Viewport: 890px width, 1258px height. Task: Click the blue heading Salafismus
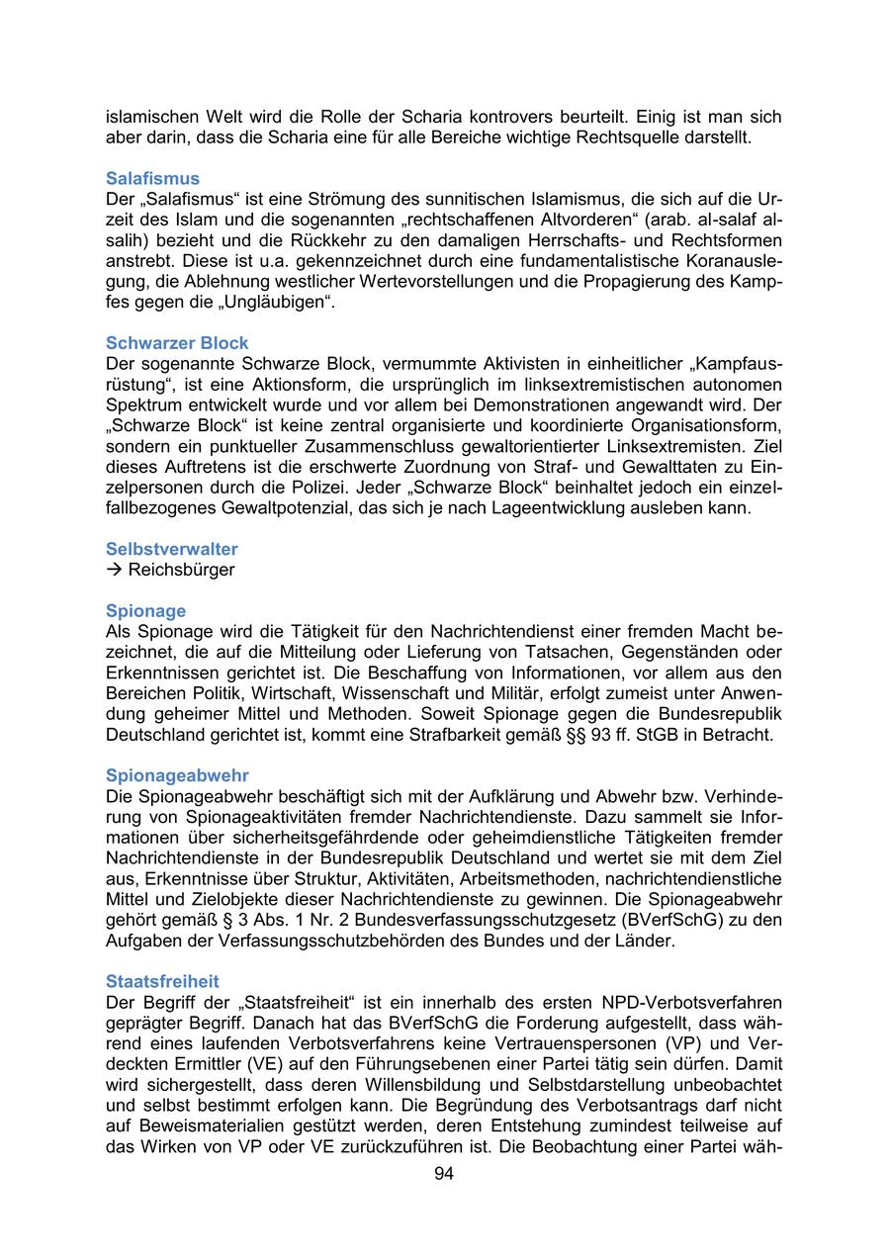(x=152, y=179)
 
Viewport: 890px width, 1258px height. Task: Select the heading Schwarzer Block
(x=177, y=343)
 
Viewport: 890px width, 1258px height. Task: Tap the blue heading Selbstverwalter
(x=171, y=549)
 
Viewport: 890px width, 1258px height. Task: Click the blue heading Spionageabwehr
(x=177, y=776)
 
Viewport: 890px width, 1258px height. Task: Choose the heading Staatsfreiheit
(x=162, y=982)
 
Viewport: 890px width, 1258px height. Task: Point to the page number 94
(x=444, y=1174)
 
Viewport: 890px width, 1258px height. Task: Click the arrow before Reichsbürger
(x=114, y=570)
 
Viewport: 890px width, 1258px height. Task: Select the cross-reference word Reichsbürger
(x=181, y=570)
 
